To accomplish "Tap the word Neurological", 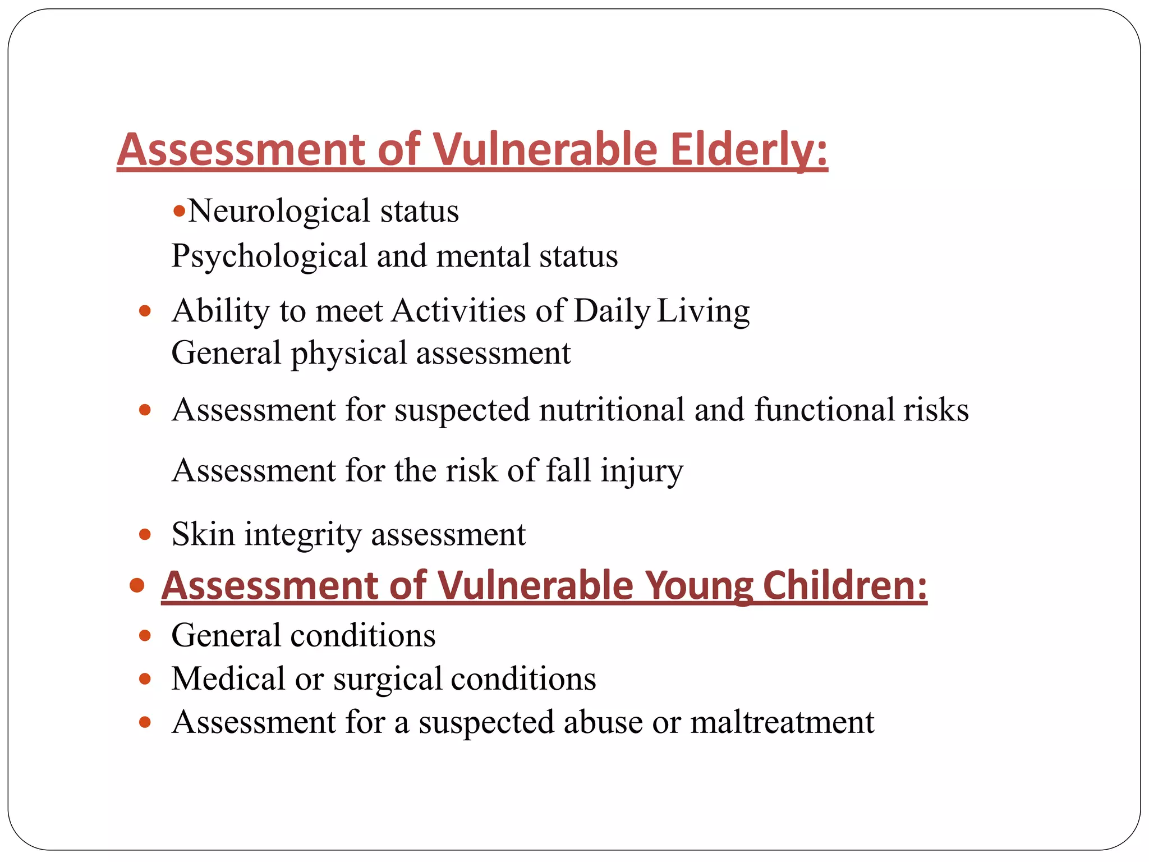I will [279, 212].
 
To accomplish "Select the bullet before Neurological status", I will [179, 212].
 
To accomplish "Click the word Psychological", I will [269, 256].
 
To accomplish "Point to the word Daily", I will [612, 311].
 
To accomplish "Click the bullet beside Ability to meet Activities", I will [145, 311].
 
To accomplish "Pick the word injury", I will [642, 471].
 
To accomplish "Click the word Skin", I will [203, 534].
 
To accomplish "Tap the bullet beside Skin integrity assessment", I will [145, 534].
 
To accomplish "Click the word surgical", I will [387, 679].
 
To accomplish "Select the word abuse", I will [603, 722].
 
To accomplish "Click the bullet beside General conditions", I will [145, 636].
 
